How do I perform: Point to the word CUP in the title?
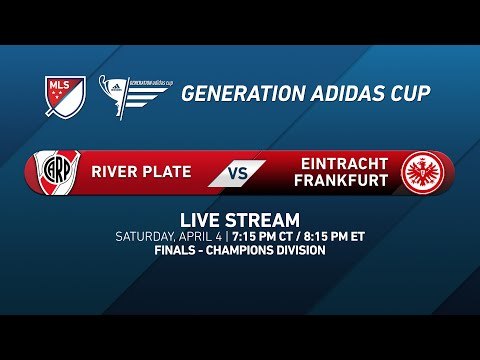pos(408,94)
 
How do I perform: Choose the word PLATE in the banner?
pos(167,171)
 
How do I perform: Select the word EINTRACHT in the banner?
pos(341,162)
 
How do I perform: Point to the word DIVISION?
pos(304,250)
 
